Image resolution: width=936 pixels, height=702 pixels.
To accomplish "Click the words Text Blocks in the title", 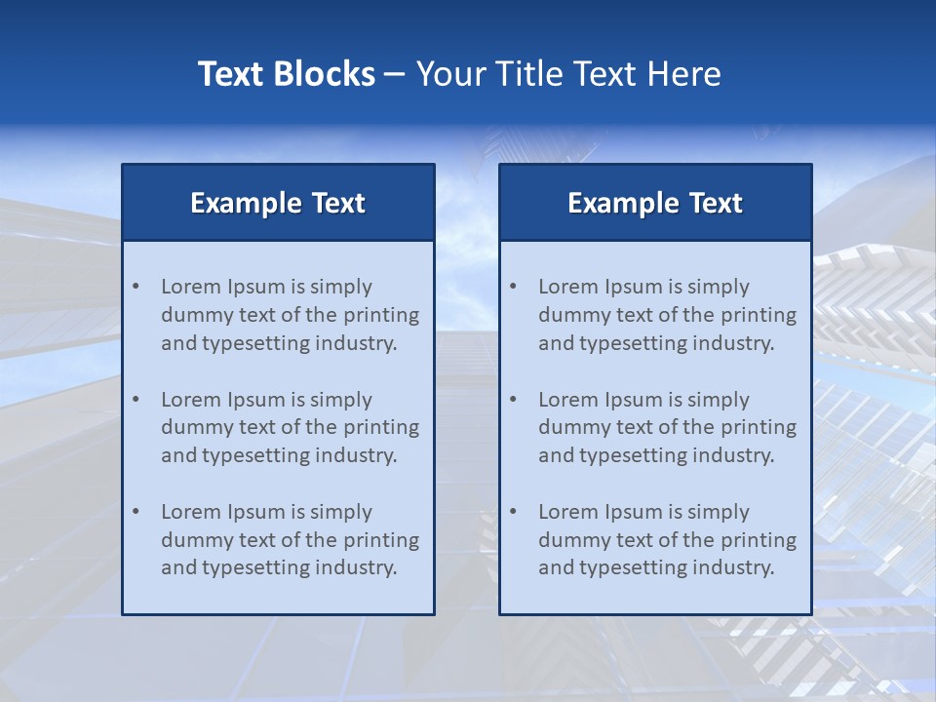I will [x=286, y=74].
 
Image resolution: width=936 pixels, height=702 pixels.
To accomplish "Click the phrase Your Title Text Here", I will [x=568, y=74].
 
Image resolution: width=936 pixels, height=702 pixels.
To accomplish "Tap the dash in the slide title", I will [x=395, y=75].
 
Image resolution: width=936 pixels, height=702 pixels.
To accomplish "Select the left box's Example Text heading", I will [x=278, y=203].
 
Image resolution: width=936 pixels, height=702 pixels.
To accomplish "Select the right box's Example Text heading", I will [x=655, y=203].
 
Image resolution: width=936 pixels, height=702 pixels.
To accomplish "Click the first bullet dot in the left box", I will [x=136, y=287].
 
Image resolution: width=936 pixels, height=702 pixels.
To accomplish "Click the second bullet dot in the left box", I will [x=136, y=400].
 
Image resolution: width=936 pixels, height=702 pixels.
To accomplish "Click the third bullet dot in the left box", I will [x=136, y=512].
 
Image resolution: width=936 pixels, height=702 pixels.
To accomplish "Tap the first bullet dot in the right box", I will [x=513, y=287].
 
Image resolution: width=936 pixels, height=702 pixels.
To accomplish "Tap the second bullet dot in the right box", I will [x=513, y=400].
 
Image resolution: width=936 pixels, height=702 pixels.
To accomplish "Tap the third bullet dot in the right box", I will [x=513, y=512].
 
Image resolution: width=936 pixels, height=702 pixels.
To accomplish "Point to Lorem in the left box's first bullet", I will [x=191, y=287].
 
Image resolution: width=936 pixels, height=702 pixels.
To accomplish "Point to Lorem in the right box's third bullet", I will [x=568, y=512].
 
